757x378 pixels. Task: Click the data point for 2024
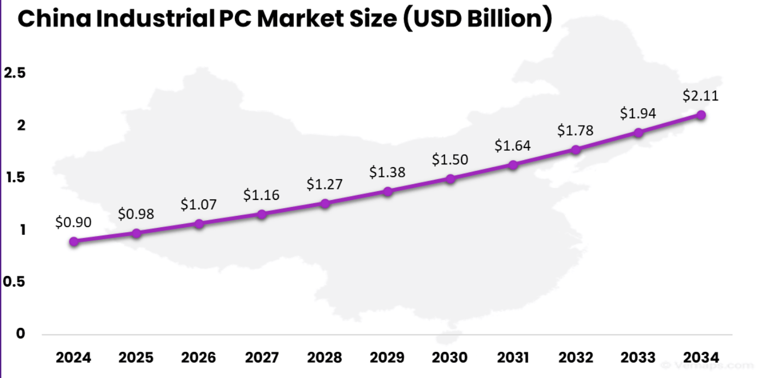pyautogui.click(x=74, y=241)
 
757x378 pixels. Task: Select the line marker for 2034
pyautogui.click(x=701, y=115)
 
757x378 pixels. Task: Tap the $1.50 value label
pyautogui.click(x=450, y=160)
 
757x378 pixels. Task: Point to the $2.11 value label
pyautogui.click(x=701, y=96)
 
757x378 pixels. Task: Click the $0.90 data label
pyautogui.click(x=73, y=222)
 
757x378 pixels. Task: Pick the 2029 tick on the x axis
pyautogui.click(x=387, y=358)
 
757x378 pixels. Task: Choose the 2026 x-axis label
pyautogui.click(x=199, y=358)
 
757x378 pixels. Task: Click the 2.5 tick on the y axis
pyautogui.click(x=15, y=73)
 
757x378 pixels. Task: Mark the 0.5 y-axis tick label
pyautogui.click(x=14, y=282)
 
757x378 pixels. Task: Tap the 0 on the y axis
pyautogui.click(x=20, y=334)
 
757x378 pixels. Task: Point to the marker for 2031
pyautogui.click(x=513, y=165)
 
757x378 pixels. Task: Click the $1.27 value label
pyautogui.click(x=324, y=185)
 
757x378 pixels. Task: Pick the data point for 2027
pyautogui.click(x=262, y=214)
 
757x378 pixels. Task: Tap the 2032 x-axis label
pyautogui.click(x=576, y=358)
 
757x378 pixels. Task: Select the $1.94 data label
pyautogui.click(x=638, y=114)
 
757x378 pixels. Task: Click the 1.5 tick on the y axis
pyautogui.click(x=15, y=178)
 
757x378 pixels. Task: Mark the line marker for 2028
pyautogui.click(x=325, y=204)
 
